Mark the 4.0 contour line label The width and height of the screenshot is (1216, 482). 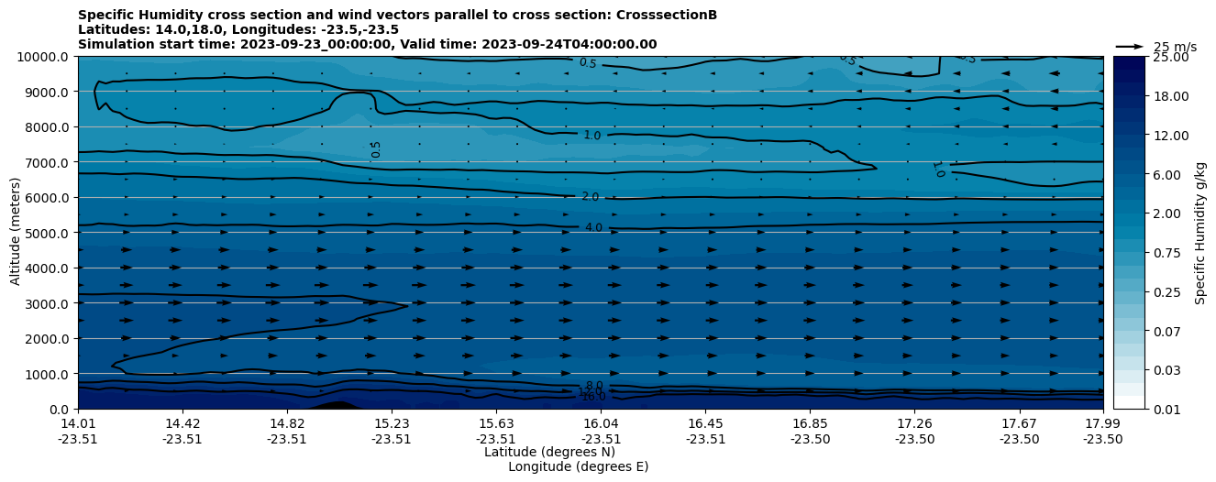[593, 227]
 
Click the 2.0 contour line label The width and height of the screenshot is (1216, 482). [590, 197]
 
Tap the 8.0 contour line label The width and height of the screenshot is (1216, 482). [594, 386]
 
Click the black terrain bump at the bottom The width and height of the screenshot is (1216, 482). [335, 405]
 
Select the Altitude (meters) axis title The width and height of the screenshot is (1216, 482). [16, 233]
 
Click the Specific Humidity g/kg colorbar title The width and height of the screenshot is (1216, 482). [1201, 233]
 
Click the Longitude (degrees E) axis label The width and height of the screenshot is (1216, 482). [578, 466]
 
